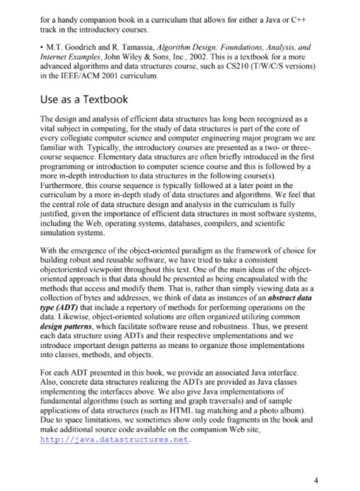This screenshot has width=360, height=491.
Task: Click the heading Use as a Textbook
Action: [84, 99]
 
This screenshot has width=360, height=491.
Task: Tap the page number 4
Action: [316, 480]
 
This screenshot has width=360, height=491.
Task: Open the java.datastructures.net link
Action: [115, 439]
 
